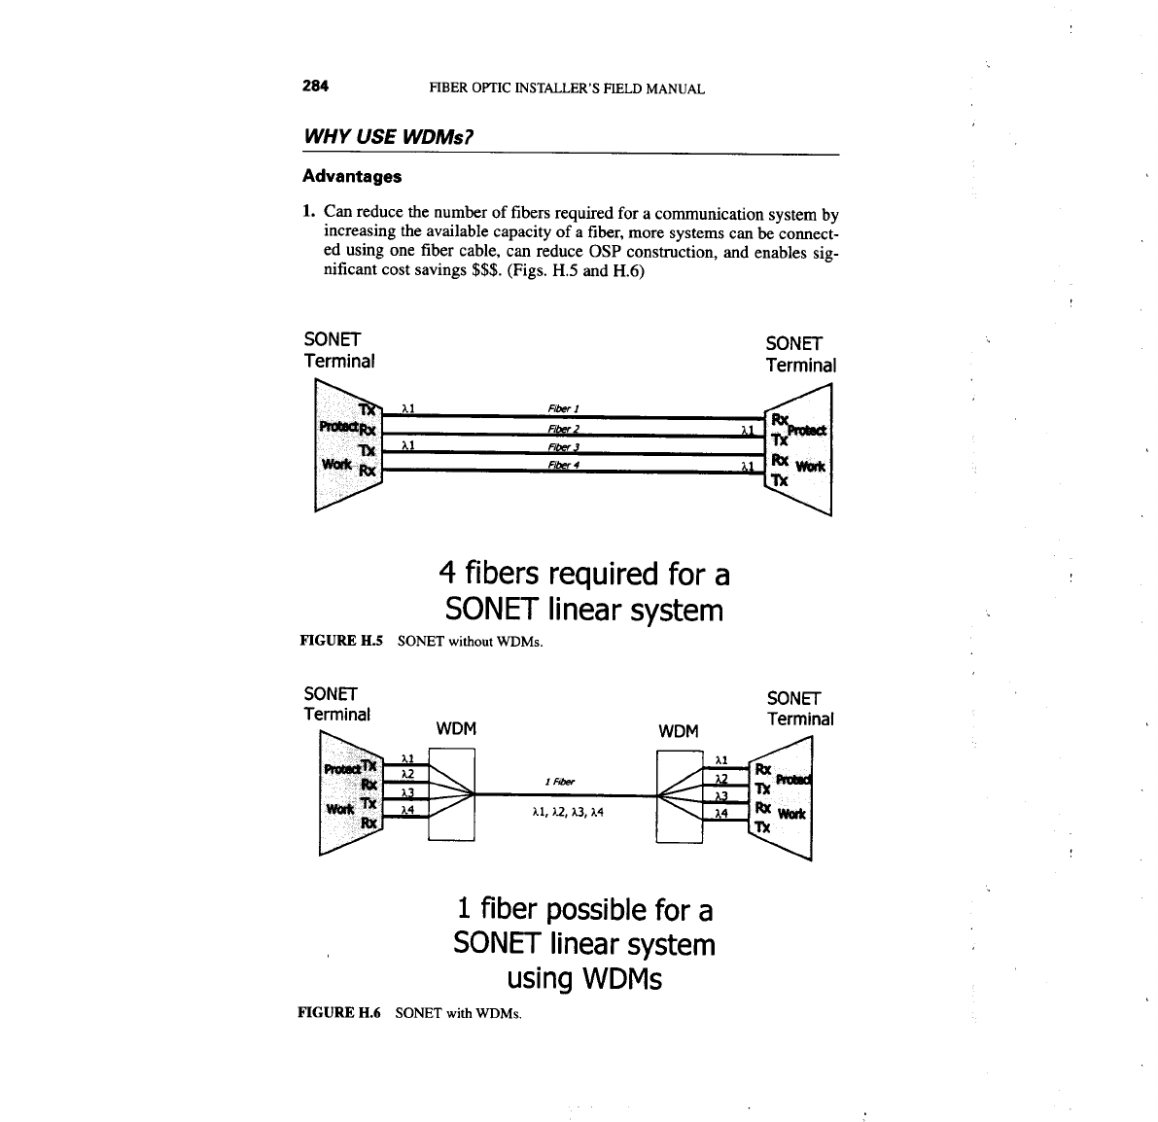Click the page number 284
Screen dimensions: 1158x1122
(x=315, y=87)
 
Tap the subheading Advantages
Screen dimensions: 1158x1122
(x=351, y=176)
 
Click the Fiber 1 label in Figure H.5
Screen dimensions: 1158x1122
(x=564, y=408)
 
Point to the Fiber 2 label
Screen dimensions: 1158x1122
(x=564, y=429)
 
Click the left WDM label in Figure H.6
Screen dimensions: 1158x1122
(x=457, y=729)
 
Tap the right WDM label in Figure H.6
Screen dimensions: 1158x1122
(x=679, y=730)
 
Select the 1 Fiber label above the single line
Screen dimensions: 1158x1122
(x=560, y=781)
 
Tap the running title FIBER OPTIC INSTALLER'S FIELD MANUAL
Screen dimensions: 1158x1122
(x=567, y=89)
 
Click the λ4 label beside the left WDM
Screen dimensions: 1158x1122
(x=408, y=809)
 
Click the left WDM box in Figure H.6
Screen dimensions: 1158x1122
(x=450, y=794)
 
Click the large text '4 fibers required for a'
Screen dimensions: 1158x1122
(x=584, y=574)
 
